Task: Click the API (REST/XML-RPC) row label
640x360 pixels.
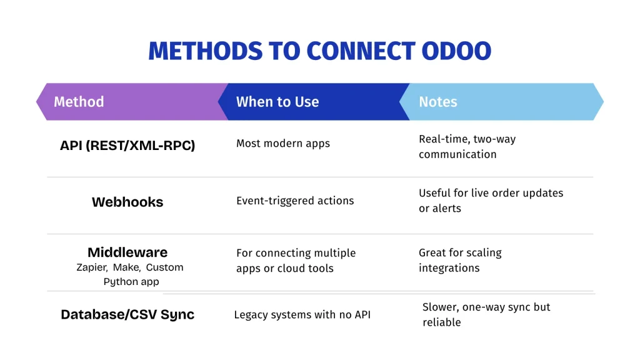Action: point(127,146)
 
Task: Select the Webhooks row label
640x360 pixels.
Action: point(127,202)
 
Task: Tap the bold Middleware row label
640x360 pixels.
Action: point(127,252)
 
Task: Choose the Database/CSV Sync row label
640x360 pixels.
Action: point(127,314)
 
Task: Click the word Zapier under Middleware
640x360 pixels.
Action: point(91,267)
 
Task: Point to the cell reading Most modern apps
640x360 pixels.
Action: point(283,144)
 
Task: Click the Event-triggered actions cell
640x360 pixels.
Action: point(295,201)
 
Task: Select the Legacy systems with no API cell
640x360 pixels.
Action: point(302,314)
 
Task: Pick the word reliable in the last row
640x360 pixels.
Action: point(441,322)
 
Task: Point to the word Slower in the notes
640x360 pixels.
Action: point(440,307)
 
